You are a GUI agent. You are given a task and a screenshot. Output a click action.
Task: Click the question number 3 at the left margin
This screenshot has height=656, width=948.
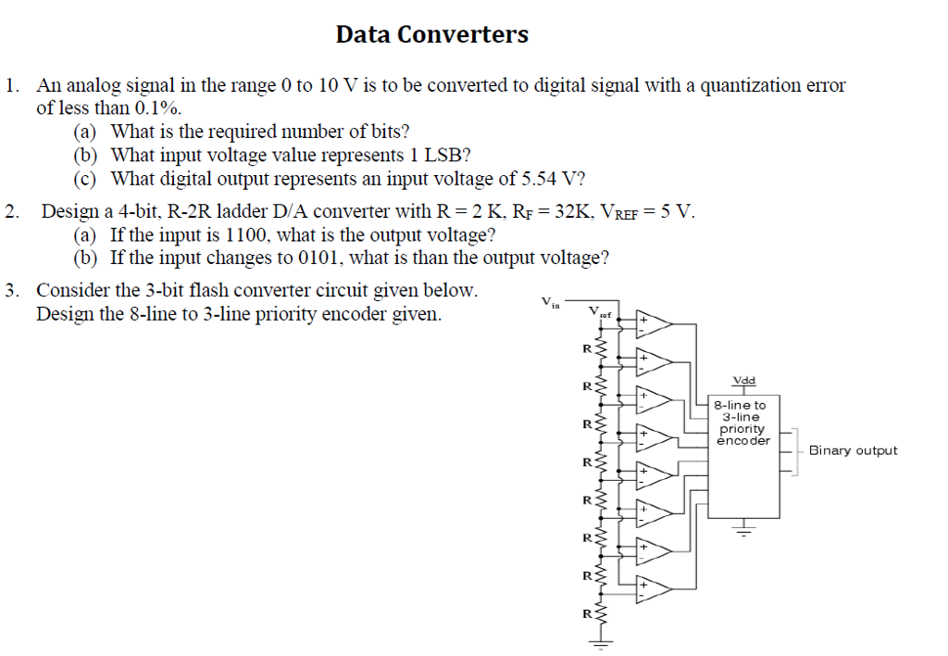(10, 291)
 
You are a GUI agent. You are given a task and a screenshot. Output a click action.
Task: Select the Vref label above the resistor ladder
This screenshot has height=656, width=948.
(601, 312)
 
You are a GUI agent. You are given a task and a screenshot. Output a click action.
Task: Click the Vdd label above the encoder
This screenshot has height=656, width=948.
(742, 381)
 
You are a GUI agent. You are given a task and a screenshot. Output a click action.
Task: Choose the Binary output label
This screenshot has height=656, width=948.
(853, 451)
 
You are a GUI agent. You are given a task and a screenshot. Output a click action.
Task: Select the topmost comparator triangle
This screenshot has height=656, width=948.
(655, 323)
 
